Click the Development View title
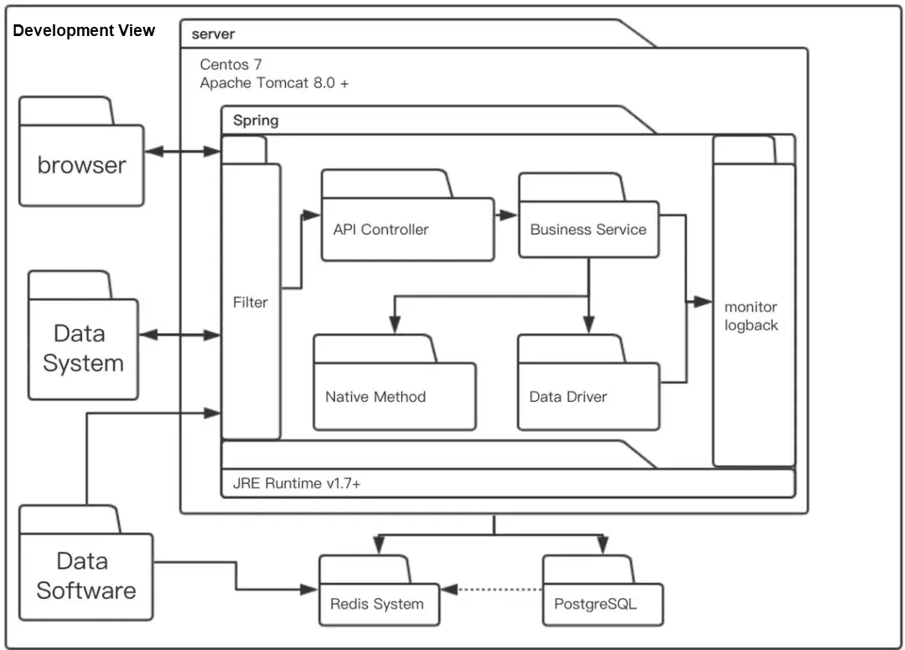[84, 31]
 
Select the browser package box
[81, 164]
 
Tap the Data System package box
[83, 348]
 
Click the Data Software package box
[85, 575]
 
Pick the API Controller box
[407, 229]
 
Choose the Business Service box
[587, 229]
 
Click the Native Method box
[394, 396]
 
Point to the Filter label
[251, 302]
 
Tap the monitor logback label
[752, 316]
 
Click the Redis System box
[378, 603]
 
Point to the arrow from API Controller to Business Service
[506, 215]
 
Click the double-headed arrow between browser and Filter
[182, 152]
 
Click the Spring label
[256, 120]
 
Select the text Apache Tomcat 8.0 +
[274, 83]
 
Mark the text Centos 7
[231, 65]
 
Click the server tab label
[213, 34]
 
